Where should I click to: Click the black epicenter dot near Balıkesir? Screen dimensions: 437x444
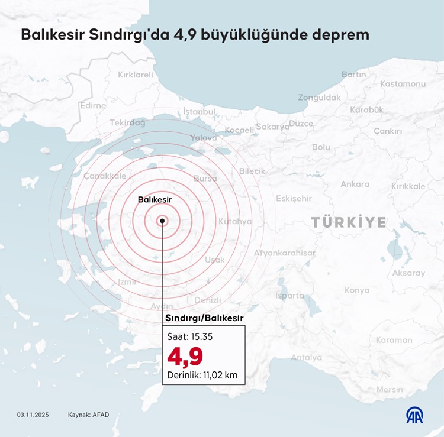point(162,221)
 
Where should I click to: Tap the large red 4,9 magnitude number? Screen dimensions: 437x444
point(185,357)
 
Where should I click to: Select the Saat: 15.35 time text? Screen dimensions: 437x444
point(190,336)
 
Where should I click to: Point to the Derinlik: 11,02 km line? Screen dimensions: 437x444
point(203,374)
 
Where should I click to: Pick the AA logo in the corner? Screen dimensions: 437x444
point(416,415)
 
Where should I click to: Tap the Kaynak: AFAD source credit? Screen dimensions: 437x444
point(89,415)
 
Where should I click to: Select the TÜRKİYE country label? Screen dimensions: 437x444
point(349,222)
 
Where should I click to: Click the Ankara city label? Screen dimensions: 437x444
point(355,184)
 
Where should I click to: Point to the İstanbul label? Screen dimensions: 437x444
point(199,111)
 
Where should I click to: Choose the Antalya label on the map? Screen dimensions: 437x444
point(306,357)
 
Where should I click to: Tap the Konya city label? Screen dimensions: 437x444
point(357,290)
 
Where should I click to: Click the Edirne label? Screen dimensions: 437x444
point(93,106)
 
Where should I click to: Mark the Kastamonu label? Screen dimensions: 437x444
point(403,84)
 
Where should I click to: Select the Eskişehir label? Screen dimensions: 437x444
point(294,198)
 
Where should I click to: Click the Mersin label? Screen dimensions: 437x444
point(390,389)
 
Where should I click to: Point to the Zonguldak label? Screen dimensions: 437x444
point(319,98)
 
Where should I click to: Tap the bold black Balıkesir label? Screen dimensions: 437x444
point(155,200)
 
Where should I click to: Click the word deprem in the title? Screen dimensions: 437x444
point(343,35)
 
